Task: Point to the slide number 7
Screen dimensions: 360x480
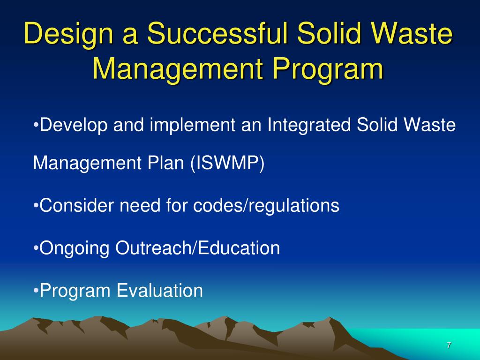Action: coord(449,345)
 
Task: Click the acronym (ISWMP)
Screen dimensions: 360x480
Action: coord(227,164)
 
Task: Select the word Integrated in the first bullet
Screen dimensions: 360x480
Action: coord(309,126)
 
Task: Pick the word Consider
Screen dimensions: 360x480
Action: coord(77,205)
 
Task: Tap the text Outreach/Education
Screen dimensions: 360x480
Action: coord(198,248)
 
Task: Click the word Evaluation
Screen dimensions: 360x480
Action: coord(160,291)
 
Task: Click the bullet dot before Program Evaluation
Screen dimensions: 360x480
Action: coord(37,291)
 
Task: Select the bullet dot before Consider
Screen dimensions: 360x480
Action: coord(37,206)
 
